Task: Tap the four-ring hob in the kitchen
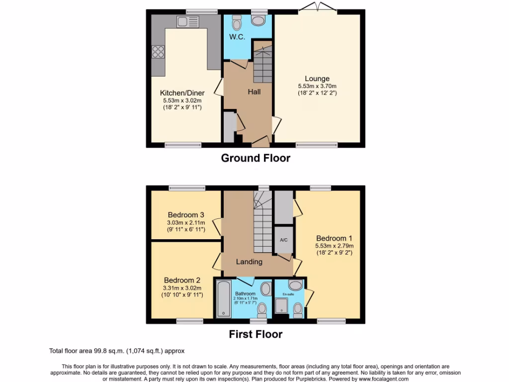[158, 52]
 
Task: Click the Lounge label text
[317, 79]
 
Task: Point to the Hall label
[254, 92]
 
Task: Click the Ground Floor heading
[255, 158]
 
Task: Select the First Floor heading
[255, 334]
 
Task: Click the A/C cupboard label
[284, 240]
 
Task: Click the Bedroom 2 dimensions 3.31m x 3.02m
[182, 287]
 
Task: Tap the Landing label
[249, 262]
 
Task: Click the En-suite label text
[288, 294]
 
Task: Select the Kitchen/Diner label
[182, 93]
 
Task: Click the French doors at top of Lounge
[317, 7]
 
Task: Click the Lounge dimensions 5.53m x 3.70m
[317, 86]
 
